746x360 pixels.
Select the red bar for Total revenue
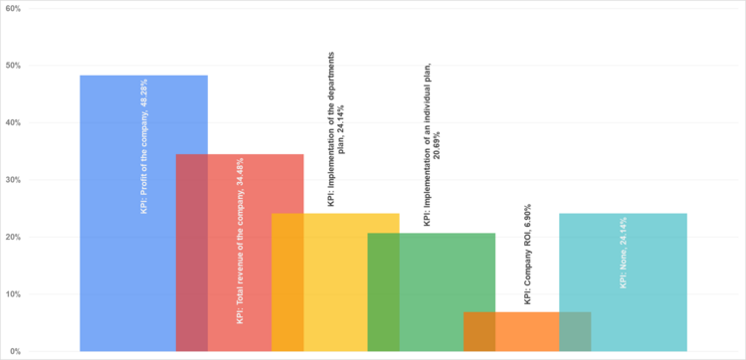tap(239, 199)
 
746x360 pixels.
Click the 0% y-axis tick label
tap(16, 352)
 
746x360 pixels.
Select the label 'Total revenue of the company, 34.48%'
tap(240, 241)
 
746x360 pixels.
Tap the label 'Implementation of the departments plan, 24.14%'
tap(336, 129)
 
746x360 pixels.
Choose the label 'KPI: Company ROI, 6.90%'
tap(527, 254)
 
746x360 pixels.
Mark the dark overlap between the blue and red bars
tap(192, 254)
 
